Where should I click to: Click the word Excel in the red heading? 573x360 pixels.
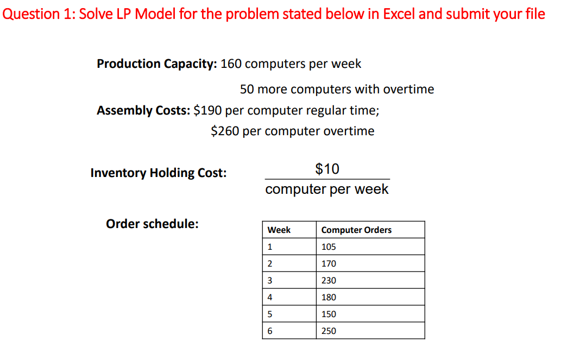(400, 14)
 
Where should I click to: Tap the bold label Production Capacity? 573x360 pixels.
(156, 64)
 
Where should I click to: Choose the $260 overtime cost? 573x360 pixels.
(225, 131)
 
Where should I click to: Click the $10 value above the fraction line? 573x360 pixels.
(327, 169)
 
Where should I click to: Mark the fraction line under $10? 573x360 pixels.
(327, 179)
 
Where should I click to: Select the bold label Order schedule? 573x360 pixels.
(152, 224)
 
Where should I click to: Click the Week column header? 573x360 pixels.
(279, 230)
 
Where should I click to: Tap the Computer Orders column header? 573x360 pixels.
(356, 230)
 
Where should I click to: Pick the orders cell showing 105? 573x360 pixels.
(329, 247)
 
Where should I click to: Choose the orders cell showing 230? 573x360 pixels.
(329, 281)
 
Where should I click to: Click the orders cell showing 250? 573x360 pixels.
(329, 331)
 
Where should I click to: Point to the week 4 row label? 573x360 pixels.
(270, 298)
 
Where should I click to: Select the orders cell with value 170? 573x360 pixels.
(329, 264)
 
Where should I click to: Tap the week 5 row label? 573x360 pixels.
(270, 314)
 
